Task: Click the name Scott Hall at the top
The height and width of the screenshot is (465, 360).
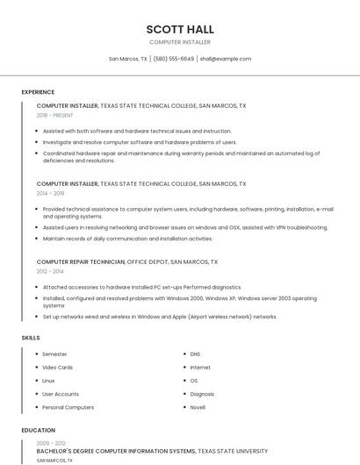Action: pos(180,29)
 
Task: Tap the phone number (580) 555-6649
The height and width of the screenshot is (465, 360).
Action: pos(174,59)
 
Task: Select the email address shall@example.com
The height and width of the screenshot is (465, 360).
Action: pos(226,59)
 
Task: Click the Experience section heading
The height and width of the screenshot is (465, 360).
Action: pos(38,92)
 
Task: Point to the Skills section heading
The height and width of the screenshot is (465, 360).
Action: pos(31,338)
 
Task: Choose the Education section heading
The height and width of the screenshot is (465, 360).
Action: pos(38,431)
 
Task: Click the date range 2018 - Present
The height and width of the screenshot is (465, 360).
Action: pos(54,115)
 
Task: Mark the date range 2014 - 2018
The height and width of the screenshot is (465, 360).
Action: pos(50,193)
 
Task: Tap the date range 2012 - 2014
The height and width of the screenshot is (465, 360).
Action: pos(50,271)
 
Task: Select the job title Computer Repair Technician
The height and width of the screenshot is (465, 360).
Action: pos(81,261)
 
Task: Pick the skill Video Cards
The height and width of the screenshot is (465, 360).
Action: pos(58,368)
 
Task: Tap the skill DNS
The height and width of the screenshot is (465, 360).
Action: pos(195,354)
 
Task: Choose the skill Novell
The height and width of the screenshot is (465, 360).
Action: pos(198,407)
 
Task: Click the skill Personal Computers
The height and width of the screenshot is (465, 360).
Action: pos(68,407)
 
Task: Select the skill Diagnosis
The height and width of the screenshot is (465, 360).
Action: pos(202,394)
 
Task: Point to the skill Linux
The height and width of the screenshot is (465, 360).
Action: pos(48,381)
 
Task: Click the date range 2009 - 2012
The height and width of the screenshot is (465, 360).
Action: pos(50,443)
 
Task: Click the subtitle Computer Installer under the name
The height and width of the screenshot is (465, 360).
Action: pos(180,42)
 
